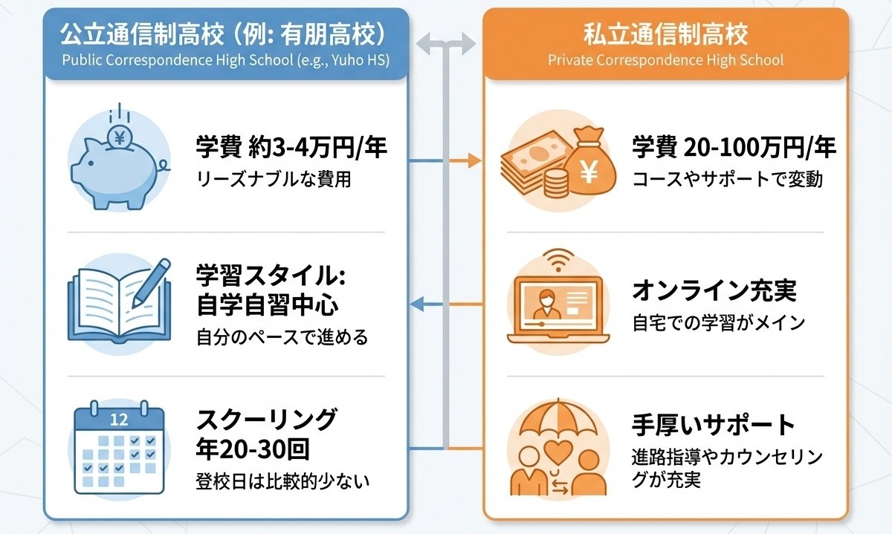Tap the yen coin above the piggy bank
click(x=118, y=136)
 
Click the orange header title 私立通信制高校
click(x=665, y=33)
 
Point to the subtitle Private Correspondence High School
click(x=665, y=59)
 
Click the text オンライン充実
click(x=714, y=291)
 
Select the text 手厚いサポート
click(x=714, y=426)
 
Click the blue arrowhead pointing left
click(x=418, y=303)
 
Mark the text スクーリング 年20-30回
click(x=266, y=434)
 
